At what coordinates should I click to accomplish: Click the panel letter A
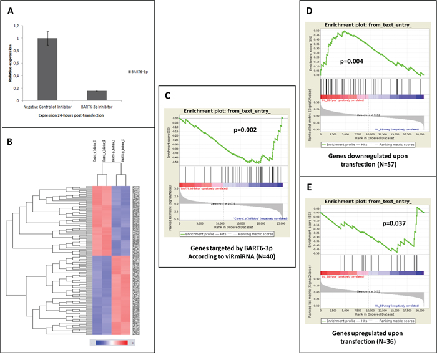(x=9, y=9)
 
